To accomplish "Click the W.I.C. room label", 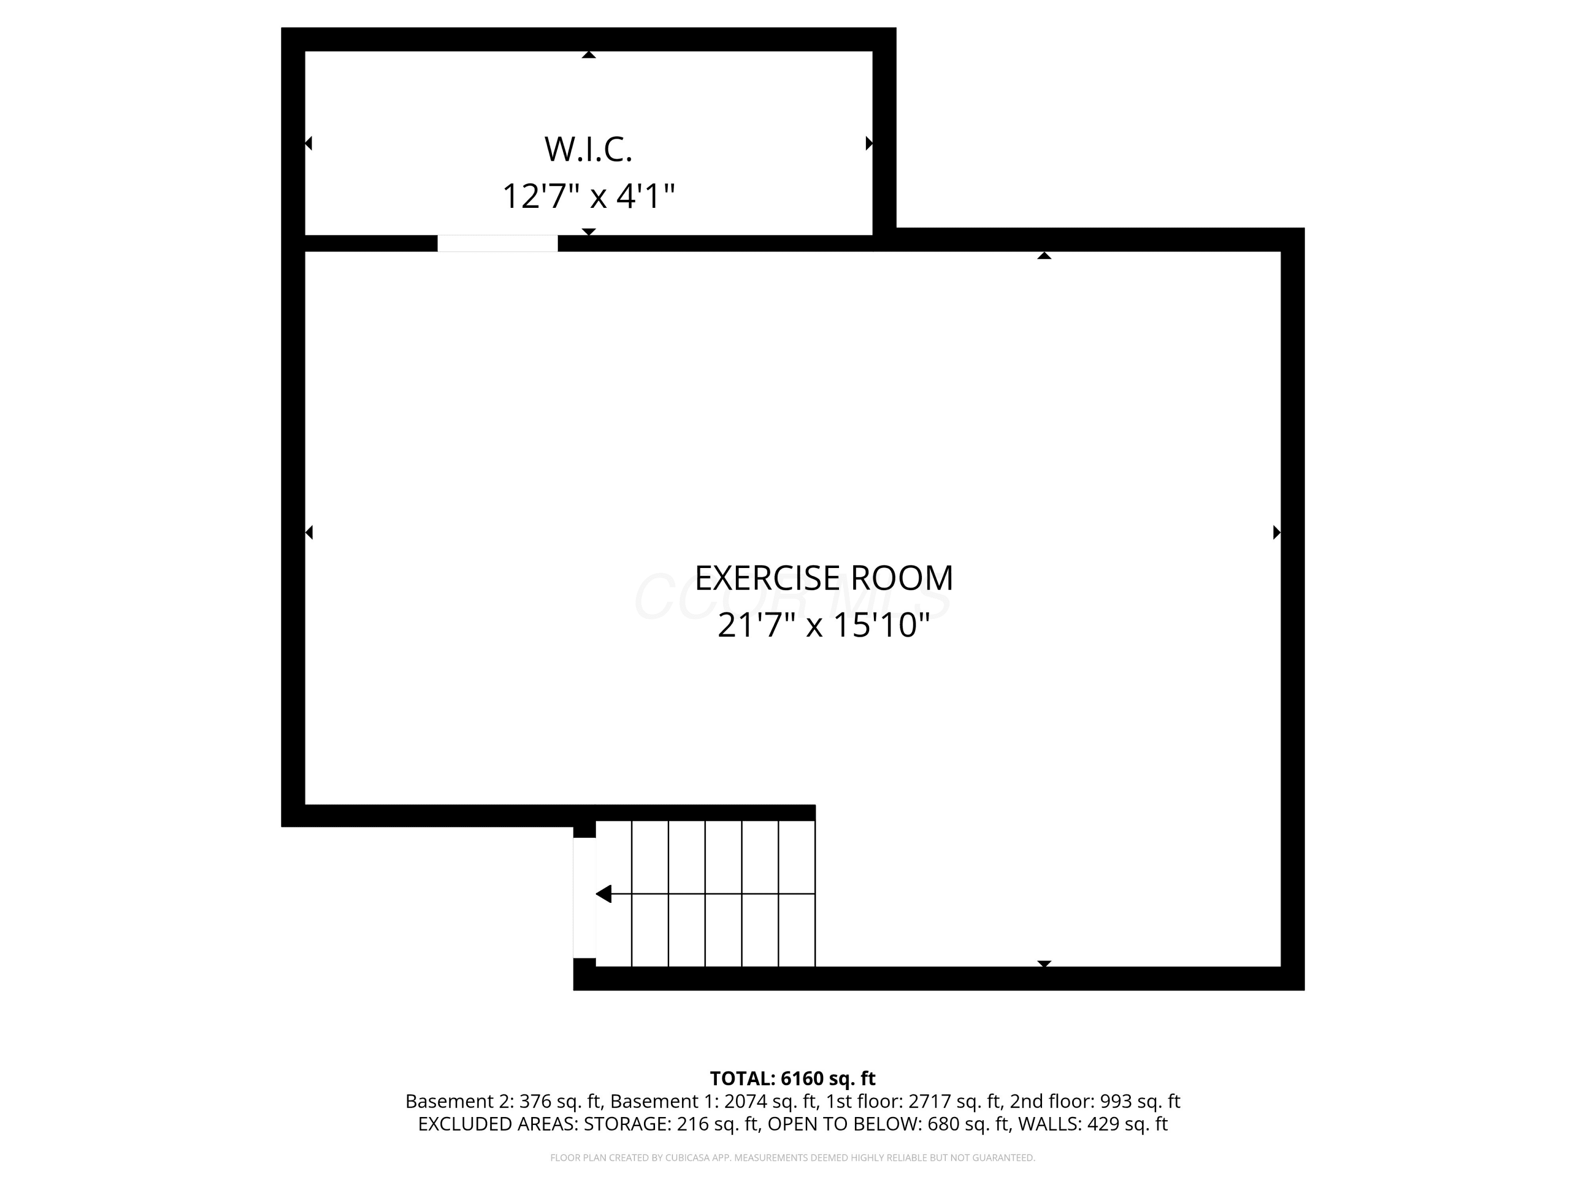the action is coord(588,149).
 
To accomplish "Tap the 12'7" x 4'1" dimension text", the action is coord(588,196).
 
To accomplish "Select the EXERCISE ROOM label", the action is coord(824,578).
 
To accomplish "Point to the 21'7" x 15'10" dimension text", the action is coord(824,625).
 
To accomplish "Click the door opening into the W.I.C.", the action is coord(497,243).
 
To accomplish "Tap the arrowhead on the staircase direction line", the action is coord(604,894).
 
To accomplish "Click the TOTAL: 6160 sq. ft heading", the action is coord(792,1078).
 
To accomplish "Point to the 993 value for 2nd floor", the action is coord(1114,1101).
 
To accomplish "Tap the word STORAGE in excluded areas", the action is coord(626,1124).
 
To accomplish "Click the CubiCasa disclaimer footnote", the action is coord(792,1158).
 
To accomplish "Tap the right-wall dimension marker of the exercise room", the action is coord(1276,532).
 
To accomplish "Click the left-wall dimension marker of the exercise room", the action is coord(309,532).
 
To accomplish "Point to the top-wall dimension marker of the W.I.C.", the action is coord(588,54).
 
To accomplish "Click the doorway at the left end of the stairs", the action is coord(584,898).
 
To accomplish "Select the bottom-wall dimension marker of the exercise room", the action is coord(1045,963).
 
